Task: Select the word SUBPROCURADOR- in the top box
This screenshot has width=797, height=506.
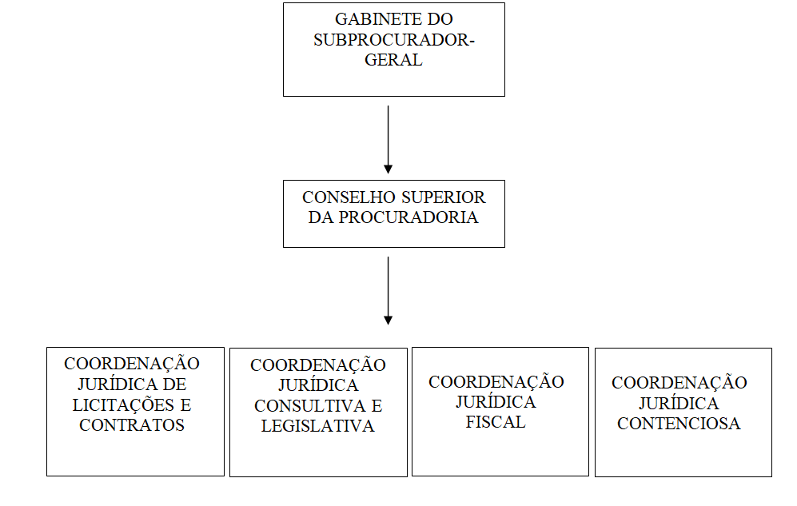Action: coord(394,40)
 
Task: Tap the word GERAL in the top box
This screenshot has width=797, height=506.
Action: coord(393,60)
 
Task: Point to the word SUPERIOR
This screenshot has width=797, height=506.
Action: coord(443,197)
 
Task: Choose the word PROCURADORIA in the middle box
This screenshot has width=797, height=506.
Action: coord(408,217)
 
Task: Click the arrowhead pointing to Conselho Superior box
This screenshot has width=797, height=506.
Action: coord(388,169)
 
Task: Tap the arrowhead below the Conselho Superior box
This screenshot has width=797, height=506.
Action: coord(388,321)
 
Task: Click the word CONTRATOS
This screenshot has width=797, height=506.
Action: coord(132,425)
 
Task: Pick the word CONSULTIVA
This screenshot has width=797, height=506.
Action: coord(310,406)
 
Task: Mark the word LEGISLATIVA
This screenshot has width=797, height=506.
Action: coord(317,426)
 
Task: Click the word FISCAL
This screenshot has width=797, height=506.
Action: coord(496,422)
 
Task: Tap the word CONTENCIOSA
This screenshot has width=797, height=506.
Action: coord(679,424)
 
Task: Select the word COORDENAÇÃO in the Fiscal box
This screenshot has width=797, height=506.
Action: coord(496,380)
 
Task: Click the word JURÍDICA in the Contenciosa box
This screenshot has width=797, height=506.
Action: coord(679,403)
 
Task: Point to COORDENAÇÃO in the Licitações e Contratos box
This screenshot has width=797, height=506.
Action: coord(132,362)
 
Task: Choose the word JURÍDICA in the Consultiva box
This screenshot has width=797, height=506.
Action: coord(318,384)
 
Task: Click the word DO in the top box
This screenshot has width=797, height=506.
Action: coord(440,19)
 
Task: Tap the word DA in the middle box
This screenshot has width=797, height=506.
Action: coord(321,217)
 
